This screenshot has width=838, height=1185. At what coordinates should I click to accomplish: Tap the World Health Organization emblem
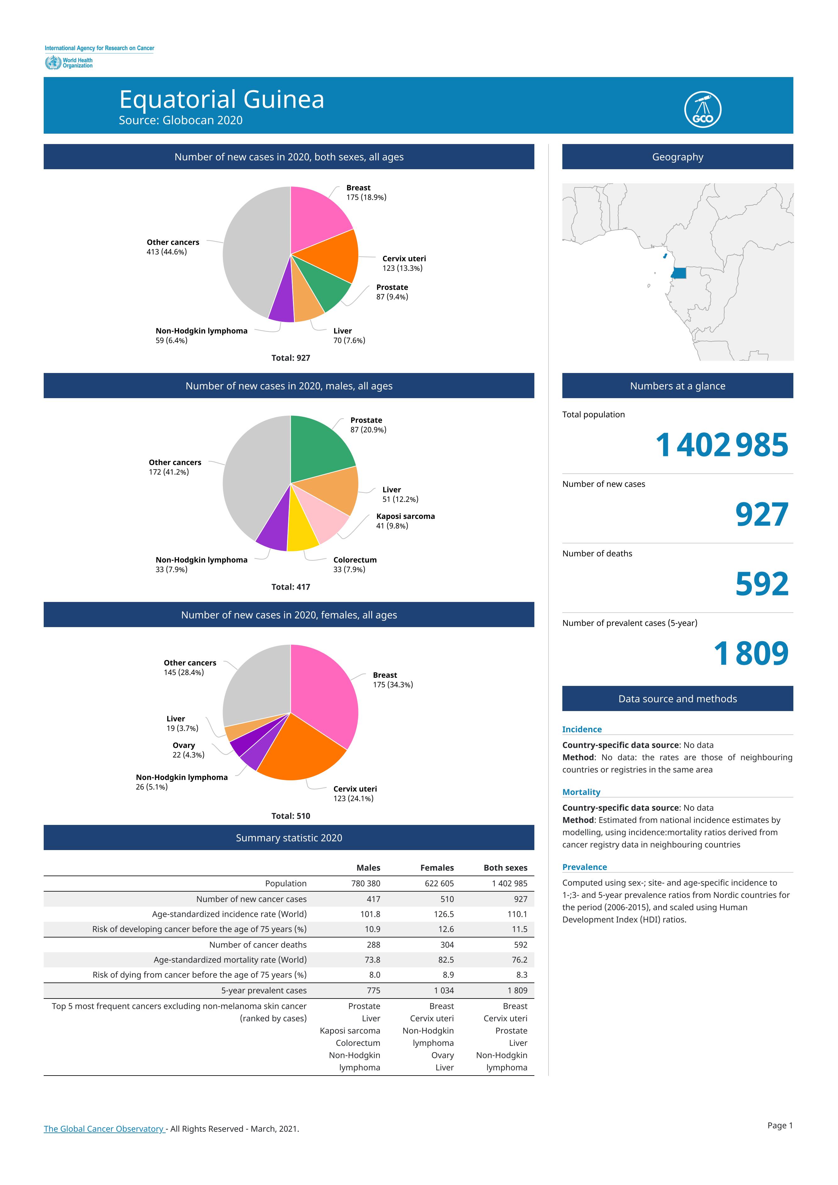(52, 63)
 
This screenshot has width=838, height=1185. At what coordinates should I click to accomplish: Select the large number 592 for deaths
(762, 584)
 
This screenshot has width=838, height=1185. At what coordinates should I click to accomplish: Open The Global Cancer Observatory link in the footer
(104, 1129)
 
